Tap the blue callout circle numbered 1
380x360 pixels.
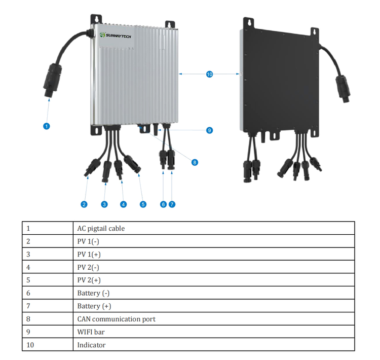(46, 126)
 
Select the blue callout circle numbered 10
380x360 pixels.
(210, 74)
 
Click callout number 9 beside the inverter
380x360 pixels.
(209, 130)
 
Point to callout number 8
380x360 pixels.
(194, 162)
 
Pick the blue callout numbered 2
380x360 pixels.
(84, 204)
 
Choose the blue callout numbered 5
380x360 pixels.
(143, 204)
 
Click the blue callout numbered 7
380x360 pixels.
(172, 204)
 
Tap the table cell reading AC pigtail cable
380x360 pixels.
(101, 228)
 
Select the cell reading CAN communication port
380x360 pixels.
(116, 319)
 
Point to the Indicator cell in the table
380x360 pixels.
(91, 345)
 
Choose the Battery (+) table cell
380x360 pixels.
(94, 306)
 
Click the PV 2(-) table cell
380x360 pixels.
(89, 267)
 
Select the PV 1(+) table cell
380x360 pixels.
(89, 254)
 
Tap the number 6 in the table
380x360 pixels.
(28, 293)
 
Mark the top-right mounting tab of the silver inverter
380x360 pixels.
(170, 24)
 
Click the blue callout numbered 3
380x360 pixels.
(104, 204)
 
